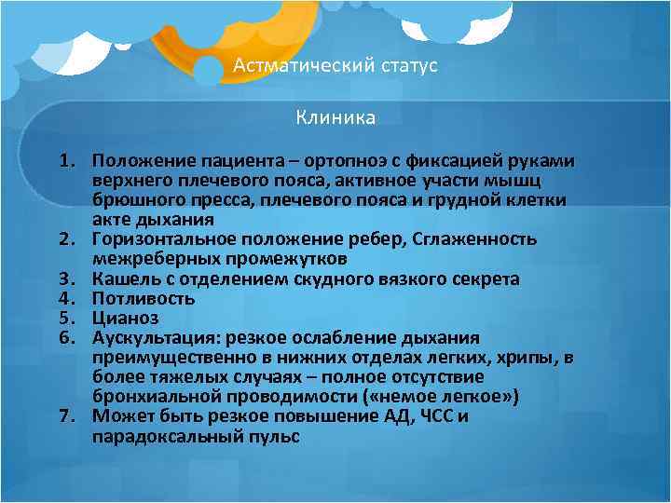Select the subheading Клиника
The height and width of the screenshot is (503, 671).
point(335,117)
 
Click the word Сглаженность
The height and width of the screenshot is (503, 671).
point(480,239)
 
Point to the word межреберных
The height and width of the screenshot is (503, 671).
point(148,259)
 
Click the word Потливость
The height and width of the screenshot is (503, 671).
point(144,299)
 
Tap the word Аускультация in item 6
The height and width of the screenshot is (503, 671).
point(149,337)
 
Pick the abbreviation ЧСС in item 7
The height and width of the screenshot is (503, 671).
point(431,415)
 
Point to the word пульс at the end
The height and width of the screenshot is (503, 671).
point(276,435)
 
